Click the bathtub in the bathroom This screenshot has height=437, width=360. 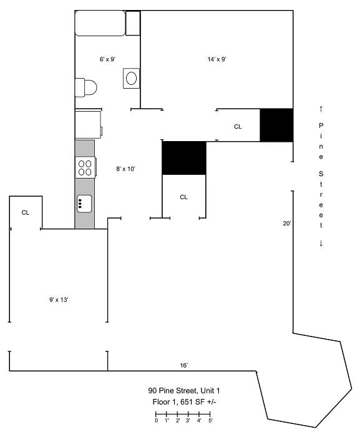coord(100,23)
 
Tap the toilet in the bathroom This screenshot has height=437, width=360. coord(86,87)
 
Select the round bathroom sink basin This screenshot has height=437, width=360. coord(131,78)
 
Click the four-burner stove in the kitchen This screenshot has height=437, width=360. coord(85,167)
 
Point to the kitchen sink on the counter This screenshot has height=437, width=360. coord(84,204)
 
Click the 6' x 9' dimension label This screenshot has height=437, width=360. coord(107,59)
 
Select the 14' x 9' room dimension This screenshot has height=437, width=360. coord(216,59)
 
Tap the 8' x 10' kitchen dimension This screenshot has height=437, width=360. coord(125,169)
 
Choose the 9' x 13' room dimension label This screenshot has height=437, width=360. coord(59,300)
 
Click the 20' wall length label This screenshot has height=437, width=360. coord(287,223)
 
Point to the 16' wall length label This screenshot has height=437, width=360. coord(184,365)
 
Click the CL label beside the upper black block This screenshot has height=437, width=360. coord(238,127)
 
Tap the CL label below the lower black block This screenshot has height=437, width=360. coord(183,197)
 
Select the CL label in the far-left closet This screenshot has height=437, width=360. coord(26,213)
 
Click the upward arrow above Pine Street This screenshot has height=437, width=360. coord(321,109)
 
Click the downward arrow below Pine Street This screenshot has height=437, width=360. coord(321,243)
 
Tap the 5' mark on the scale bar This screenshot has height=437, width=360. coord(211,420)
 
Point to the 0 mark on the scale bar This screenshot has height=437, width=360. coord(157,420)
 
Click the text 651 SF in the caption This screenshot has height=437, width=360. coord(192,402)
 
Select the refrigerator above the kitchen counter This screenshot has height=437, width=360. coord(89,125)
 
